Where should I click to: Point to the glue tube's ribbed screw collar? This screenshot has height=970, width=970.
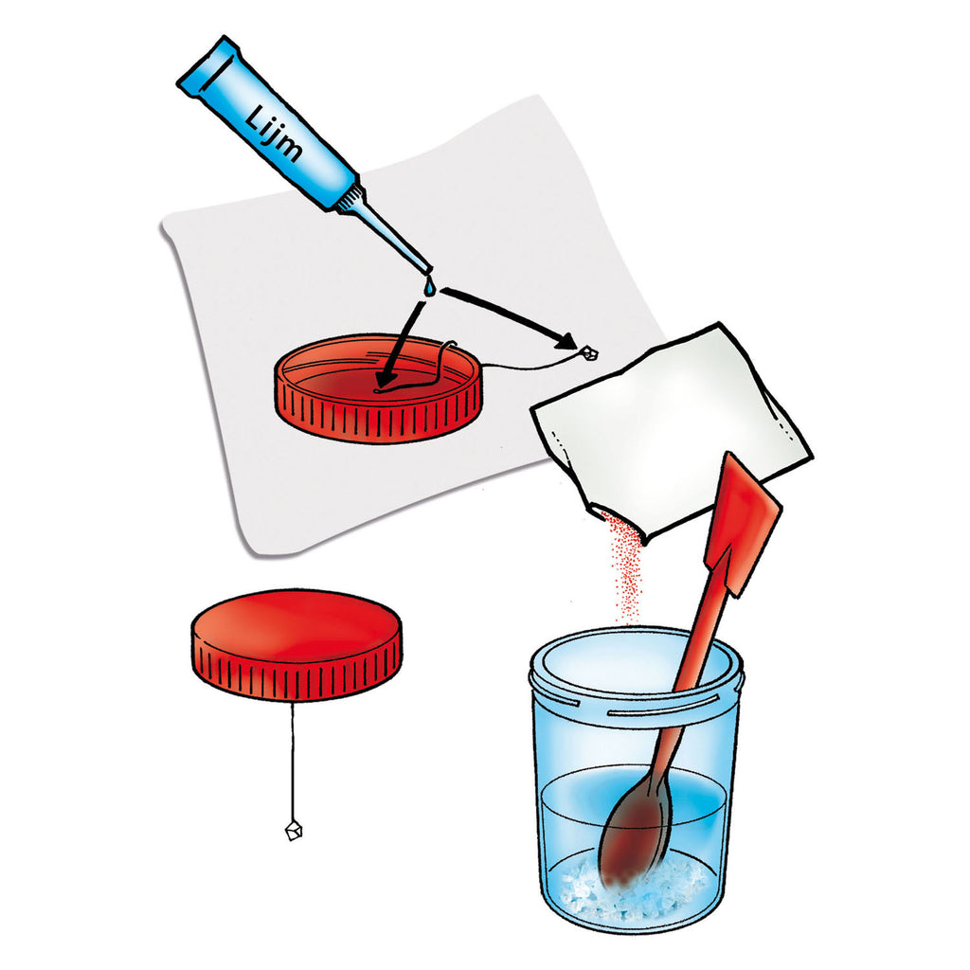point(349,197)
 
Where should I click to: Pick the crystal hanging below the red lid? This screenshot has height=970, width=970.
point(294,830)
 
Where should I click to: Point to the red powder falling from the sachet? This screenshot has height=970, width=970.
point(623,566)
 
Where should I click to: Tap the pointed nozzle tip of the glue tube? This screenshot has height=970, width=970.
point(429,271)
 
